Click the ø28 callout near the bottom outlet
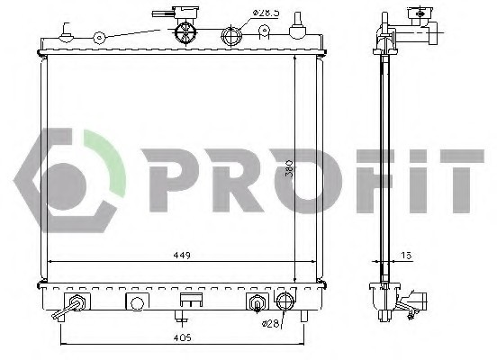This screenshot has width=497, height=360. [x=271, y=323]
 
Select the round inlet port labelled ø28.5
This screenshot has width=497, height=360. [x=231, y=36]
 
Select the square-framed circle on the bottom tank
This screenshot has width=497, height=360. [x=137, y=301]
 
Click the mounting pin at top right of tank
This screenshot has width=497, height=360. [x=296, y=32]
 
